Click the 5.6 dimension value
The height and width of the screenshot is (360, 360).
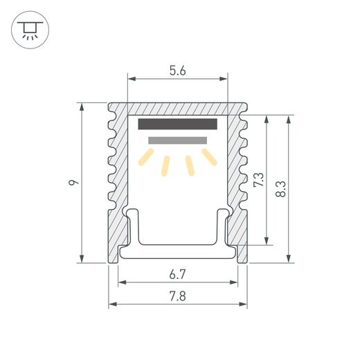point(177,71)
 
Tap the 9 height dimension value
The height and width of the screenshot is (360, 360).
point(73,182)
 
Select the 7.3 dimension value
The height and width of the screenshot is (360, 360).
point(258,179)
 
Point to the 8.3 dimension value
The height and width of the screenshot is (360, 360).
point(280,189)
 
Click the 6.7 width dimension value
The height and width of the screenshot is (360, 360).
point(177,274)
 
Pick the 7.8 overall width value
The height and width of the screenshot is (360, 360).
point(177,296)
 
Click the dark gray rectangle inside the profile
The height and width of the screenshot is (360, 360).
point(178,124)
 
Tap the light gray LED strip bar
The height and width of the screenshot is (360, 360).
point(177,141)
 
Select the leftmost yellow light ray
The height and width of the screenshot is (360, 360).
point(146,157)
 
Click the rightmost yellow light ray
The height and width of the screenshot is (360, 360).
point(209,157)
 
